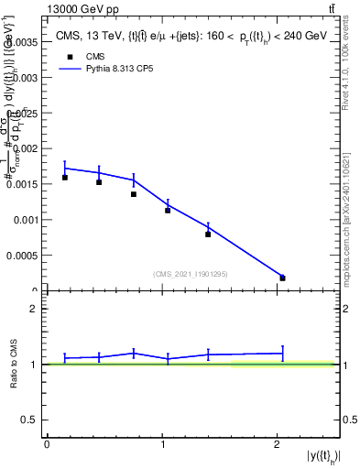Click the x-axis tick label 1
click(x=161, y=445)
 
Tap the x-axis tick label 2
click(x=277, y=445)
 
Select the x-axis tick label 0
click(x=47, y=445)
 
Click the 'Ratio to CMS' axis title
click(x=14, y=365)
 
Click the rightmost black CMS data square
click(x=282, y=278)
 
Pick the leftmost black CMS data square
click(x=65, y=178)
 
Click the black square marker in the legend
click(x=69, y=57)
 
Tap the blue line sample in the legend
click(x=69, y=70)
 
